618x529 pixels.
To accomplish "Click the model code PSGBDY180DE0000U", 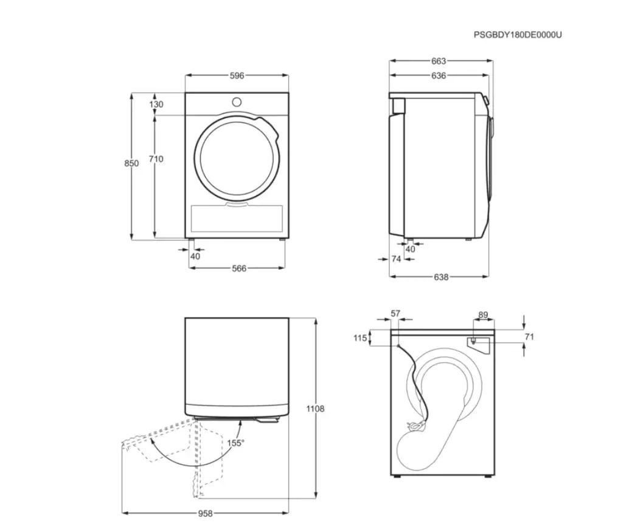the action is tap(518, 35).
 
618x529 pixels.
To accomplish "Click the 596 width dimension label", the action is tap(237, 75).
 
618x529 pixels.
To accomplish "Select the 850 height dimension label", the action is tap(131, 163).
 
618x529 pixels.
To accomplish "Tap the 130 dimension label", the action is tap(156, 104).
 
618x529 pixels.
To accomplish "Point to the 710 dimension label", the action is tap(156, 159).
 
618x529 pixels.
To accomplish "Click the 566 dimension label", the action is tap(239, 268).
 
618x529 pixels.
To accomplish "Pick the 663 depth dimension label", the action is tap(439, 61).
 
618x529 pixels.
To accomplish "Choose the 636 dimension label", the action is tap(439, 75).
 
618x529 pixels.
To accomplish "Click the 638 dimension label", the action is tap(441, 277).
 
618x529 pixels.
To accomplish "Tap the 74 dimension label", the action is tap(396, 259).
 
